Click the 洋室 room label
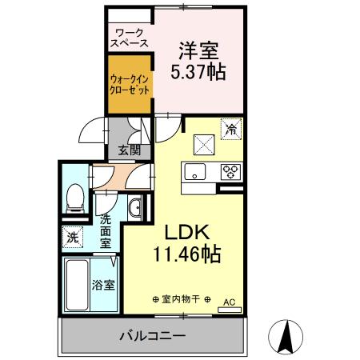point(198,50)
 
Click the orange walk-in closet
point(128,85)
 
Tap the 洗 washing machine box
point(73,238)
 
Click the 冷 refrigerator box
point(231,129)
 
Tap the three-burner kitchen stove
point(230,171)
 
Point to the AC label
point(229,302)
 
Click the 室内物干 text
point(180,301)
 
